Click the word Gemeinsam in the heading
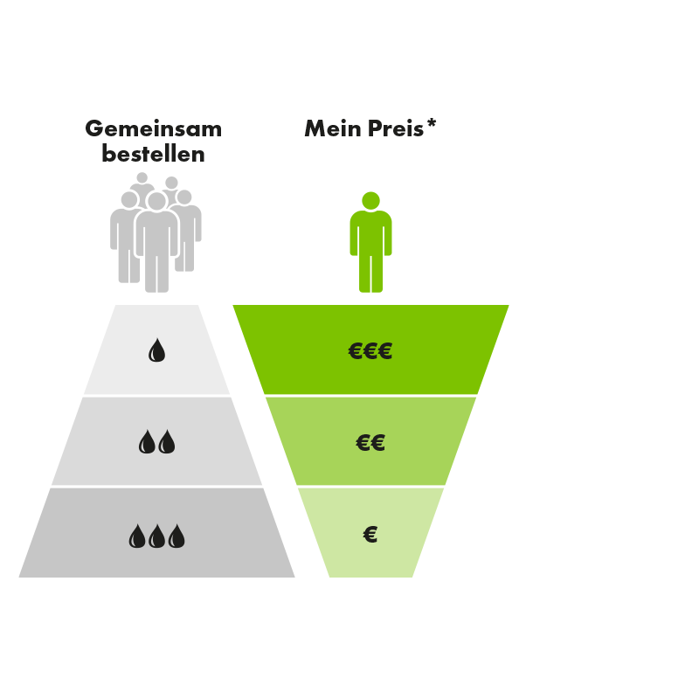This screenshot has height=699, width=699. coord(154,129)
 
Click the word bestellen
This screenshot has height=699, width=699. coord(154,156)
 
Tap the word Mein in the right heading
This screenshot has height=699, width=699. coord(330,129)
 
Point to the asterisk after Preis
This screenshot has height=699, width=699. coord(432,126)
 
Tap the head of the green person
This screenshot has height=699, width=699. coord(370,200)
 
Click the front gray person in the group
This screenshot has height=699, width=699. coord(156,245)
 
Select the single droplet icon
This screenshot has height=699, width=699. coord(156,351)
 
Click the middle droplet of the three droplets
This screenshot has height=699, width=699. coord(157,536)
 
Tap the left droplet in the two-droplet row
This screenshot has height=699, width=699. coord(147,443)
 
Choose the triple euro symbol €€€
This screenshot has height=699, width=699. coord(370,351)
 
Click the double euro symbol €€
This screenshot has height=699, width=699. coord(370,443)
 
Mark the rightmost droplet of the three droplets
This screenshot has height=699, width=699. coord(177,536)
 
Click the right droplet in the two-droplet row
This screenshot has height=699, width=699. coord(167,443)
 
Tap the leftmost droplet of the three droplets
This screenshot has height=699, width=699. coord(136,536)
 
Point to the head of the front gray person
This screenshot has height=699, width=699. coord(156,202)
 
